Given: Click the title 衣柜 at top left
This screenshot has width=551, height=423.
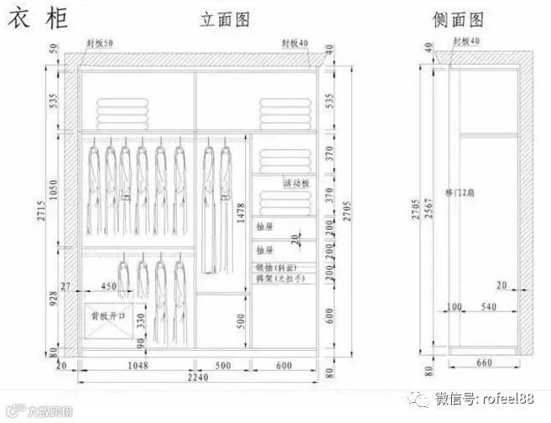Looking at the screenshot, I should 38,18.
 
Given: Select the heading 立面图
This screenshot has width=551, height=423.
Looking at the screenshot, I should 225,19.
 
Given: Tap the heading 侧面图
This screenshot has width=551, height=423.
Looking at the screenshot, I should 458,18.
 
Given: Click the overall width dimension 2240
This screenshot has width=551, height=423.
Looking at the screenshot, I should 197,379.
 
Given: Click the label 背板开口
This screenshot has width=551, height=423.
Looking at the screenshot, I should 107,316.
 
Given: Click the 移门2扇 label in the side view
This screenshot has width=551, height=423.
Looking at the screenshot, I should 460,192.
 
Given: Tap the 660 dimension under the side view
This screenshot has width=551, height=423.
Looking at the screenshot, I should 486,363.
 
